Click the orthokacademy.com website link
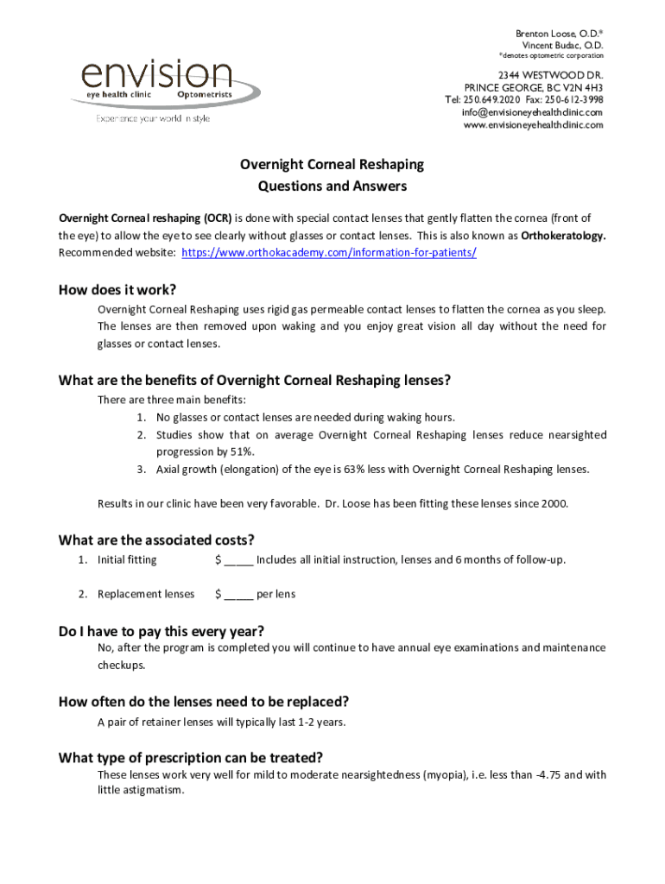point(331,252)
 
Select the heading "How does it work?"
point(123,289)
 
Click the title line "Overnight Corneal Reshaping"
point(332,164)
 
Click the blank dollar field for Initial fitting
point(238,560)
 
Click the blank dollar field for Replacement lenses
point(238,595)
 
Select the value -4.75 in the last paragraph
point(545,775)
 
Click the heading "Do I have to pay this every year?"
point(161,631)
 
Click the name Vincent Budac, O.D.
point(562,45)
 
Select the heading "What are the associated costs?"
point(156,540)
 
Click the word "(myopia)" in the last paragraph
point(449,775)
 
